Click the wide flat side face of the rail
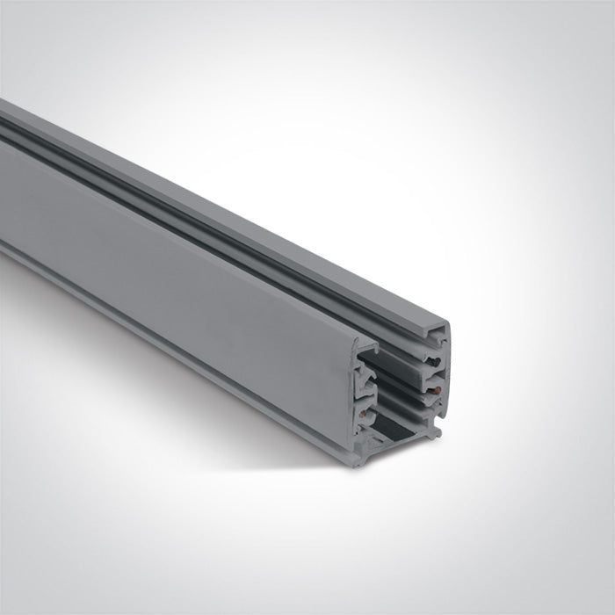pyautogui.click(x=176, y=255)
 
